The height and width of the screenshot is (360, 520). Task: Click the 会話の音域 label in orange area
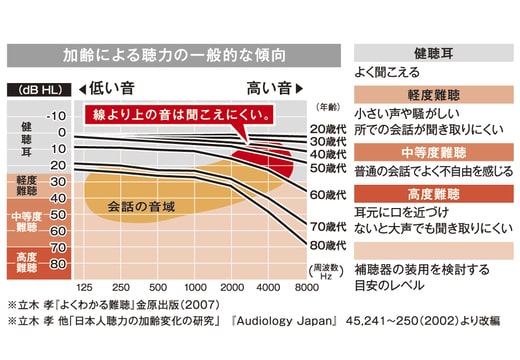[142, 206]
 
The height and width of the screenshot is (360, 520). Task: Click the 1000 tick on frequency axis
[196, 287]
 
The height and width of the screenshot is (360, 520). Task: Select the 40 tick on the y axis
[59, 198]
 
